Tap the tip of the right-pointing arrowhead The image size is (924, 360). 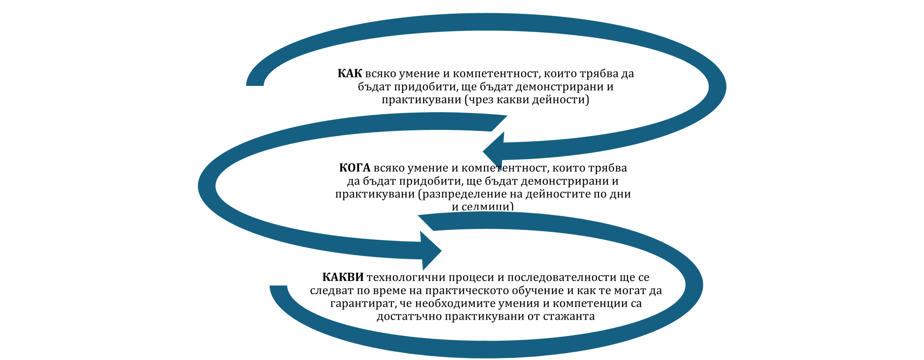pyautogui.click(x=443, y=250)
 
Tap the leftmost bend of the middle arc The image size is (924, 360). pyautogui.click(x=207, y=185)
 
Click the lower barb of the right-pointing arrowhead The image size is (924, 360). pyautogui.click(x=422, y=272)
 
